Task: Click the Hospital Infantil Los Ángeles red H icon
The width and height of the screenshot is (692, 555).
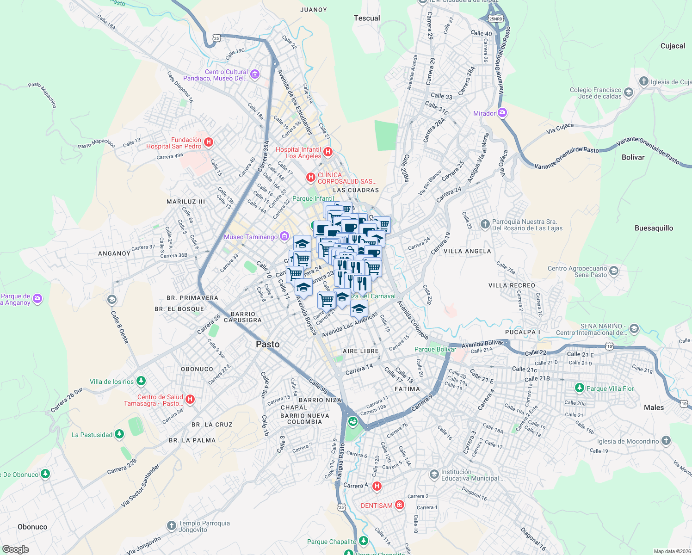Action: click(328, 152)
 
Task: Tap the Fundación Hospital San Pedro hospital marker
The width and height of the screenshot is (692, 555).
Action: click(209, 142)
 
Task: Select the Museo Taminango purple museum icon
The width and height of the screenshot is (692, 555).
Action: click(284, 237)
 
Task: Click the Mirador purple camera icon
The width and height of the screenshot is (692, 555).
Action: click(502, 113)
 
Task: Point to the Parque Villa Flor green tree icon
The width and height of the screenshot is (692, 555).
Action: click(579, 388)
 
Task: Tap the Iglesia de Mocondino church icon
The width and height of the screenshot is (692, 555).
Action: click(666, 441)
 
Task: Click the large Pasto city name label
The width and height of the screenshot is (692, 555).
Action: click(268, 344)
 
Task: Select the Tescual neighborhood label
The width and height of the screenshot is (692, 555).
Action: click(367, 18)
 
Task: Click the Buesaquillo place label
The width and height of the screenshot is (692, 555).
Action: click(654, 228)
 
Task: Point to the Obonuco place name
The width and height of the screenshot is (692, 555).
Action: click(32, 527)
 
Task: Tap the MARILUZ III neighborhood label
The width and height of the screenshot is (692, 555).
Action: click(186, 202)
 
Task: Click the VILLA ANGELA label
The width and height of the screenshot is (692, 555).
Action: click(467, 251)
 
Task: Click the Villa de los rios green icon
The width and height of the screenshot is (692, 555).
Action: click(141, 381)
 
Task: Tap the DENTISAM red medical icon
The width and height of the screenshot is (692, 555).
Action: click(400, 505)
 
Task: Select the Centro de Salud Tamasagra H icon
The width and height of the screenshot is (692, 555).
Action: click(190, 399)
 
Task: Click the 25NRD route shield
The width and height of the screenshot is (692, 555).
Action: click(495, 19)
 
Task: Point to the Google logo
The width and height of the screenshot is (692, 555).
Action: click(16, 549)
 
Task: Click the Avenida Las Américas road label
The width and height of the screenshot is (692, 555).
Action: click(350, 325)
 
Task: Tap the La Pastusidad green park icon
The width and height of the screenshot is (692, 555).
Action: click(119, 434)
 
